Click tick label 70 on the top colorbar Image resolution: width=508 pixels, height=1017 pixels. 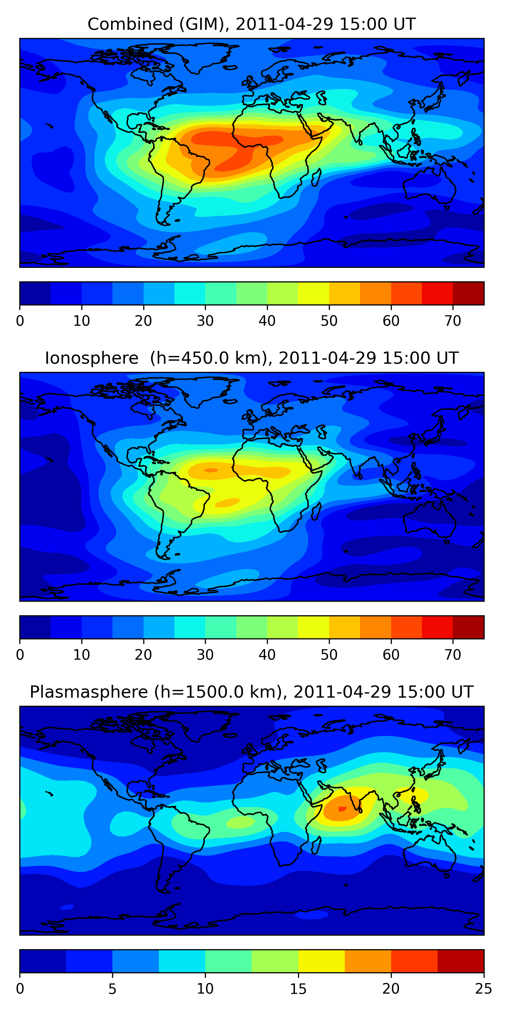(x=453, y=321)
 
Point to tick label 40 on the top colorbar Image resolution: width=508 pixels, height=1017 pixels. (x=267, y=321)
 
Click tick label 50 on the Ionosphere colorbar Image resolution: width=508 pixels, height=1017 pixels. (x=329, y=655)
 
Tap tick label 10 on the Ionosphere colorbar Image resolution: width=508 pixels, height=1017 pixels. (x=82, y=655)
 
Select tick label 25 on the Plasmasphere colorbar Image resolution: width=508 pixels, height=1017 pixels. (x=484, y=989)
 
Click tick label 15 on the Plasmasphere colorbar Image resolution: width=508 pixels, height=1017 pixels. (x=298, y=989)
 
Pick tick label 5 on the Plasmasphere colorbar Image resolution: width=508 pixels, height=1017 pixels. (x=112, y=989)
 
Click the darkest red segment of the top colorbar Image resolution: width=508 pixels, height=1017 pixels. (x=468, y=293)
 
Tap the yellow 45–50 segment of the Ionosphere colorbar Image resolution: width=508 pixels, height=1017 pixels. (x=314, y=627)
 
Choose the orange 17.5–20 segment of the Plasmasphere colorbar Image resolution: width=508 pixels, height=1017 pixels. (x=368, y=961)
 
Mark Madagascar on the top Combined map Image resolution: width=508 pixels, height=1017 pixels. (x=316, y=178)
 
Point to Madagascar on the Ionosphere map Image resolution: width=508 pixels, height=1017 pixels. (x=316, y=511)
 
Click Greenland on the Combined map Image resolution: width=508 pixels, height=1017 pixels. (x=209, y=58)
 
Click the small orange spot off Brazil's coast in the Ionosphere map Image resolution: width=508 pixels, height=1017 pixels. (x=227, y=502)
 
